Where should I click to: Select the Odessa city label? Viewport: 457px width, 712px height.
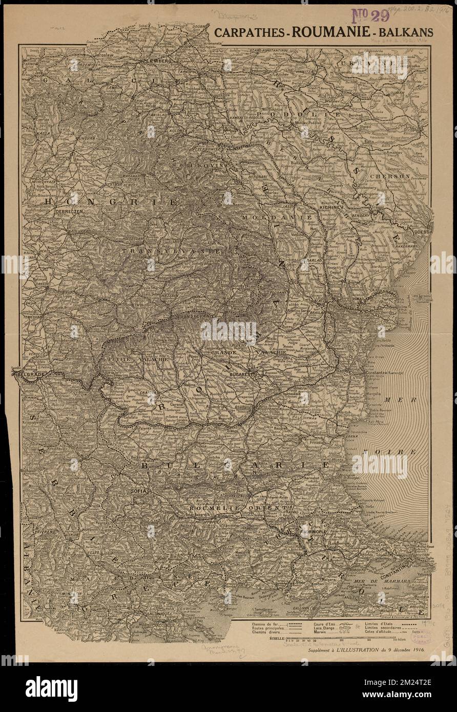[424, 232]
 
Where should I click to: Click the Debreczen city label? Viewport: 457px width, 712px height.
[59, 211]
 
